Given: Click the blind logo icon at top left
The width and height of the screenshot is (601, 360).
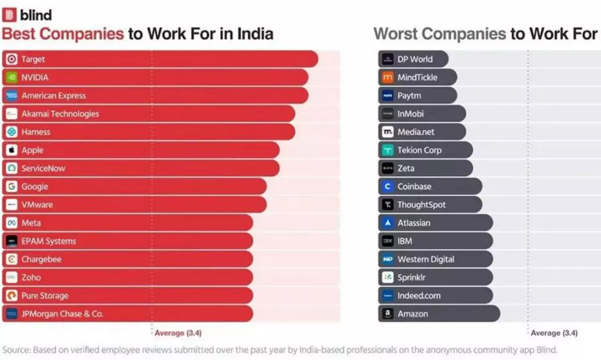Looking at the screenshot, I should click(9, 15).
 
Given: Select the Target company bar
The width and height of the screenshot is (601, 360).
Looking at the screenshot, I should click(160, 59).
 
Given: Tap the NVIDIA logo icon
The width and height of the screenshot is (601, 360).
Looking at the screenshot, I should click(12, 77).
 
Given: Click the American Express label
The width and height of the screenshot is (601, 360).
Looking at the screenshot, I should click(54, 96).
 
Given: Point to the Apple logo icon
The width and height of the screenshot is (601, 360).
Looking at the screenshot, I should click(12, 150).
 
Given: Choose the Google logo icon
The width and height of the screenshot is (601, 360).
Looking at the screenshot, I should click(12, 187).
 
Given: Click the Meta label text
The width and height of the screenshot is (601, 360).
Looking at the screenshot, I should click(31, 223).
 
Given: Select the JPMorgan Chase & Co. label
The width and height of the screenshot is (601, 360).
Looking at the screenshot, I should click(62, 314).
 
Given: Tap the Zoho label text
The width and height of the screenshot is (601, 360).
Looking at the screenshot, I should click(31, 278).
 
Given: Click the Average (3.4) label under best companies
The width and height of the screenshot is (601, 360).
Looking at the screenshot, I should click(178, 333).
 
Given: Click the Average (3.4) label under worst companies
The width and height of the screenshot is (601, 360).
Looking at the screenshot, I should click(554, 333).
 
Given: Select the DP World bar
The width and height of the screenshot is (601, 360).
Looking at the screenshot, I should click(413, 59).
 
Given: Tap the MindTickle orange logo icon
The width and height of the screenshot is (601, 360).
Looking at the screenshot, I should click(387, 77).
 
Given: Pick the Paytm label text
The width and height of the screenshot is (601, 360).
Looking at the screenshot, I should click(409, 96).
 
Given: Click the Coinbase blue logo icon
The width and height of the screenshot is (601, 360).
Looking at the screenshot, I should click(387, 187).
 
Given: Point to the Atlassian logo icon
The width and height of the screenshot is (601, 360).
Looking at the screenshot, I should click(387, 223).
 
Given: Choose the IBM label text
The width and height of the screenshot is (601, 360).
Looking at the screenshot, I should click(405, 241).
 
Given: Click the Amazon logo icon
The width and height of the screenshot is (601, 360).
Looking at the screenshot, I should click(387, 314).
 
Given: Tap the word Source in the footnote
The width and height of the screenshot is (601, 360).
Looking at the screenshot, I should click(16, 350).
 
